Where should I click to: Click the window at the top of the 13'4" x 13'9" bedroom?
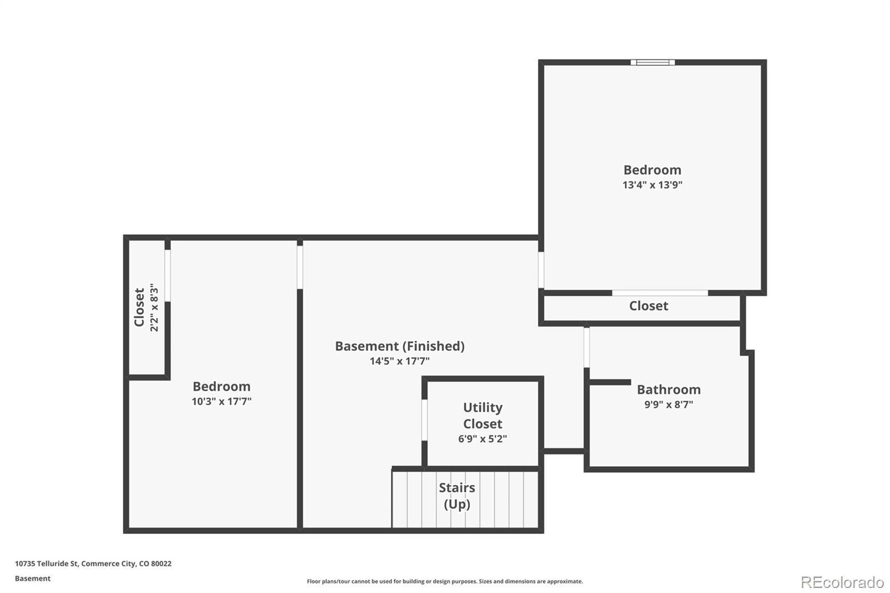click(652, 62)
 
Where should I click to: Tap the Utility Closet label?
click(483, 416)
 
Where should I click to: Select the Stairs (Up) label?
click(457, 496)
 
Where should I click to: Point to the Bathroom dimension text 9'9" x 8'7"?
click(669, 404)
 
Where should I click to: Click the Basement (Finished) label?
click(400, 346)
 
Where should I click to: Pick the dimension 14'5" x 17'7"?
click(400, 361)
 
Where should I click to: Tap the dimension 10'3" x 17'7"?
click(222, 402)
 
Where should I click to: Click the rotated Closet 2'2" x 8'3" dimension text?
click(154, 308)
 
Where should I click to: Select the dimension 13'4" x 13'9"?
click(652, 185)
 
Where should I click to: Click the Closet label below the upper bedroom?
click(649, 306)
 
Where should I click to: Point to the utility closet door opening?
click(424, 419)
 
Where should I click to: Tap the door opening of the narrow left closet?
click(167, 275)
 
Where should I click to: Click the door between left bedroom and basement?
click(300, 267)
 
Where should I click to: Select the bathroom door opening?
click(586, 347)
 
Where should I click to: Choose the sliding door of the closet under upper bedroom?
click(660, 293)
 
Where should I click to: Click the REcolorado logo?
click(842, 582)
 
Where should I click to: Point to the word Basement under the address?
click(33, 579)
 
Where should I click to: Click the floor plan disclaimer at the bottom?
click(444, 581)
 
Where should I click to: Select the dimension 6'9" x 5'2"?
click(483, 439)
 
